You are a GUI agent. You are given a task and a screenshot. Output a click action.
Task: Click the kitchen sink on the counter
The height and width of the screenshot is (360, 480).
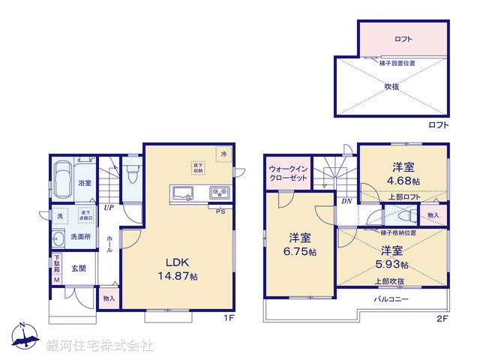183,193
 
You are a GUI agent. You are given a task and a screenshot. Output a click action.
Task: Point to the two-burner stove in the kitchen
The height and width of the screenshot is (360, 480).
220,193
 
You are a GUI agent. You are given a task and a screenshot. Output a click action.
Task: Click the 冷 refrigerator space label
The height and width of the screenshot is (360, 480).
223,154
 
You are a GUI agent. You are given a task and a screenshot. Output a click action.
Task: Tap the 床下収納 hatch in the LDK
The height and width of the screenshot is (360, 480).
197,168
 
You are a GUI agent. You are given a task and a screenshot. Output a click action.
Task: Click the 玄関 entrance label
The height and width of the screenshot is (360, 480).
79,268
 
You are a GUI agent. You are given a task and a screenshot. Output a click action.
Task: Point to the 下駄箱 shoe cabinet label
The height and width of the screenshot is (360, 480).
56,265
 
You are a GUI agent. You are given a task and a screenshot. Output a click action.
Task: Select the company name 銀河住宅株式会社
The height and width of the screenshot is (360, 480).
100,346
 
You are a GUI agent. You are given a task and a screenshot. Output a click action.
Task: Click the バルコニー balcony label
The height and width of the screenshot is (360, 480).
392,298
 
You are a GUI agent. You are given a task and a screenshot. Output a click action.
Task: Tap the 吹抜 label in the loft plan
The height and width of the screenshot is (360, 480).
391,86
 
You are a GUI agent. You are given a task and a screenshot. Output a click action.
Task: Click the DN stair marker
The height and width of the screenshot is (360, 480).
346,202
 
